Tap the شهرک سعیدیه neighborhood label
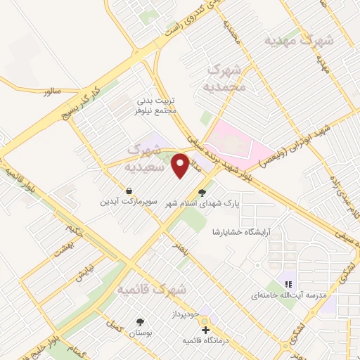(x=144, y=159)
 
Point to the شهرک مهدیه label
(x=297, y=41)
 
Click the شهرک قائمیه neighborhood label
(x=151, y=289)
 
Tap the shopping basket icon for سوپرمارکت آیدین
(x=130, y=190)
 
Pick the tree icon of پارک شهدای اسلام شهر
(x=203, y=192)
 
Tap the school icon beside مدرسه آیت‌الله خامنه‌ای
(x=287, y=285)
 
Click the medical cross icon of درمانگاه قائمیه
(x=205, y=330)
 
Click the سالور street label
(x=53, y=91)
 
